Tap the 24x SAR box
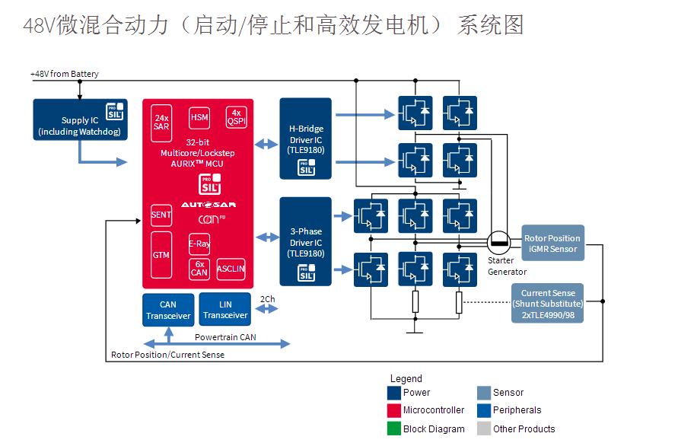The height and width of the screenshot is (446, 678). pyautogui.click(x=161, y=122)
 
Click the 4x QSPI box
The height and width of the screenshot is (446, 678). pyautogui.click(x=236, y=116)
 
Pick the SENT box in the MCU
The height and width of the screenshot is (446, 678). pyautogui.click(x=161, y=215)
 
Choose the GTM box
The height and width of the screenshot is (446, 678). pyautogui.click(x=161, y=255)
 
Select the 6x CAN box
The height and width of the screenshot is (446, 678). pyautogui.click(x=199, y=269)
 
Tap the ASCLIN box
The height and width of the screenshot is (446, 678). pyautogui.click(x=231, y=269)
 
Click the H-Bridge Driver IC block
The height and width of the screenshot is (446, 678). pyautogui.click(x=305, y=139)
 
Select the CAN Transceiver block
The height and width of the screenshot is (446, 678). pyautogui.click(x=168, y=310)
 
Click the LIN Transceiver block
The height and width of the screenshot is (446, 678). pyautogui.click(x=225, y=310)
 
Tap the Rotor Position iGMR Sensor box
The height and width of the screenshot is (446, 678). pyautogui.click(x=552, y=243)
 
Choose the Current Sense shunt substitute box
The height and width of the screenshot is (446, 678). pyautogui.click(x=547, y=303)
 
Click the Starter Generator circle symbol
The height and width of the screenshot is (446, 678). pyautogui.click(x=499, y=243)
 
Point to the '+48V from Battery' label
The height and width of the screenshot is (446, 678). pyautogui.click(x=65, y=74)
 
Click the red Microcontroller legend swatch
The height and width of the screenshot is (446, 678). pyautogui.click(x=394, y=411)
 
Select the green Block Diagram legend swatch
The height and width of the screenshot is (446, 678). pyautogui.click(x=394, y=428)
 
